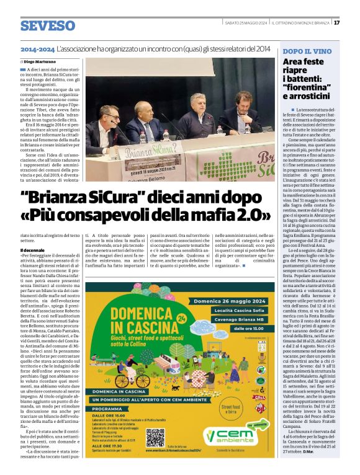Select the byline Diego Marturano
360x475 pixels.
(44, 62)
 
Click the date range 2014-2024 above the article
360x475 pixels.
(37, 48)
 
